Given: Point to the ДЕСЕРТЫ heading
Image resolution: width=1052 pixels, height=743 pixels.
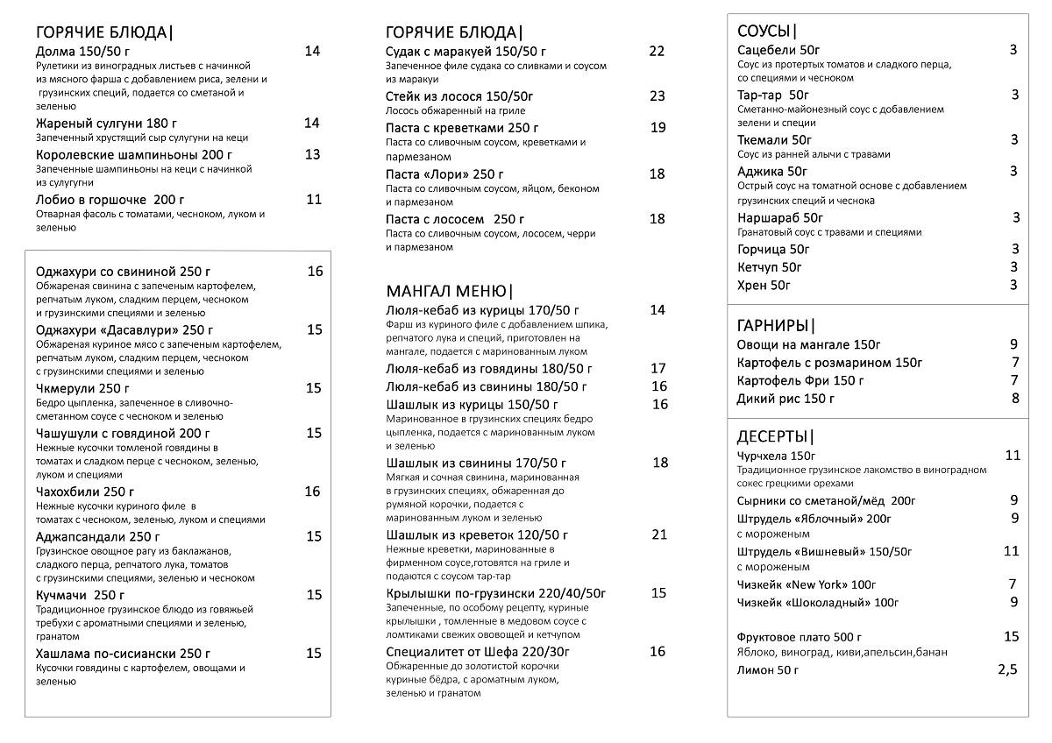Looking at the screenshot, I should (x=776, y=437).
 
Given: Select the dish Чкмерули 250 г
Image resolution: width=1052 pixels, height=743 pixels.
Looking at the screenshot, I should (x=82, y=388).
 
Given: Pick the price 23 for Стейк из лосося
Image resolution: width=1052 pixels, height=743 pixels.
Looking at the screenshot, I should (x=657, y=96).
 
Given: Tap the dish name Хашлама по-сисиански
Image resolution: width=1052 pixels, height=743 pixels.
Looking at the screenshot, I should (x=124, y=654).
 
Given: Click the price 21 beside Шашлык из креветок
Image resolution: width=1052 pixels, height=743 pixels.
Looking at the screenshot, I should (x=659, y=534).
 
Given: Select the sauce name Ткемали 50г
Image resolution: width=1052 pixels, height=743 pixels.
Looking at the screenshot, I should (x=775, y=139).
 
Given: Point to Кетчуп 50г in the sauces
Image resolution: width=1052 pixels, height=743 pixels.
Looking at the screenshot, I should (x=770, y=267).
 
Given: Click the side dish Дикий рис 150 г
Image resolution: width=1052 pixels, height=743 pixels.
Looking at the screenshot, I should (x=785, y=399).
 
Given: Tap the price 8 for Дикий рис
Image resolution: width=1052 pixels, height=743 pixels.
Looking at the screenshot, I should (x=1015, y=398).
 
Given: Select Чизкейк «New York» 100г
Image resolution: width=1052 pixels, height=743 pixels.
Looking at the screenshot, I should (x=807, y=584).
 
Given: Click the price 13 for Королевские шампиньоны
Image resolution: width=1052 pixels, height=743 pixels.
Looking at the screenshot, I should (x=312, y=154).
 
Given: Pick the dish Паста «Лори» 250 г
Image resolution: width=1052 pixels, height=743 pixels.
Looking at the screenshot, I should (x=444, y=174).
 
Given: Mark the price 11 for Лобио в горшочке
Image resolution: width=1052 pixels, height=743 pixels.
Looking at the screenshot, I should (x=314, y=199).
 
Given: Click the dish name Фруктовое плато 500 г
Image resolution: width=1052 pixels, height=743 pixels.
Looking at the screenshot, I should (x=800, y=637).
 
